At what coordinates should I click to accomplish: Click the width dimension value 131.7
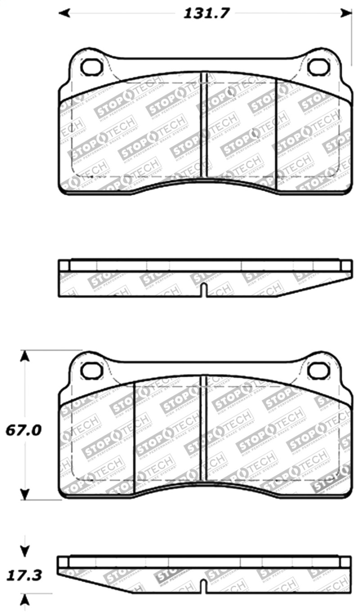point(207,13)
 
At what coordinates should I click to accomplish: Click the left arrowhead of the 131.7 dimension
point(65,13)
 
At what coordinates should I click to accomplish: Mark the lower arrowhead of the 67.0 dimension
point(25,494)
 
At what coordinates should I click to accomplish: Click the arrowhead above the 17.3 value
point(25,550)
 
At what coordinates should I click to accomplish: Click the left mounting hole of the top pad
point(92,67)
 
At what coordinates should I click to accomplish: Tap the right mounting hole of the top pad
point(319,67)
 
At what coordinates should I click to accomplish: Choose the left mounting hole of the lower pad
point(92,370)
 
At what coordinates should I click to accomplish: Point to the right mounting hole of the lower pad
point(319,370)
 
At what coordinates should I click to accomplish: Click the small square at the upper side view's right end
point(346,266)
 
